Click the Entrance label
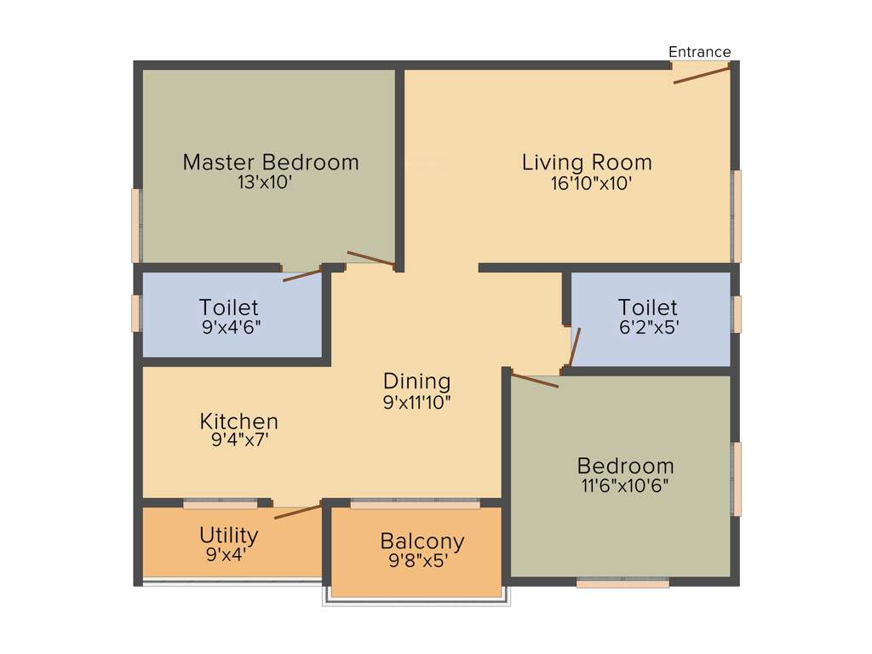coord(699,52)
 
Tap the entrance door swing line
coord(702,75)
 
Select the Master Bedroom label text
coord(271,162)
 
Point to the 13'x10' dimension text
coord(271,182)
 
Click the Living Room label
coord(587,162)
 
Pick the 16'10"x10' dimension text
coord(591,182)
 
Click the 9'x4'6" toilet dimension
coord(228,327)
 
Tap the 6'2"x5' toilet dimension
coord(648,327)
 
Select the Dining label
coord(416,381)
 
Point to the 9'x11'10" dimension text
coord(416,401)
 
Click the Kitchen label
coord(238,421)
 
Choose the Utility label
coord(228,535)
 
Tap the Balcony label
coord(422,541)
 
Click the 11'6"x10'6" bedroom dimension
coord(625,486)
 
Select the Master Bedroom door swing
coord(370,259)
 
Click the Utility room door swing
coord(297,512)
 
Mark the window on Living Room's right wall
coord(737,216)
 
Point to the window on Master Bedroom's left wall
coord(135,225)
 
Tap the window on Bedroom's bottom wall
coord(622,583)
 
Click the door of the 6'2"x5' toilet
coord(575,346)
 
